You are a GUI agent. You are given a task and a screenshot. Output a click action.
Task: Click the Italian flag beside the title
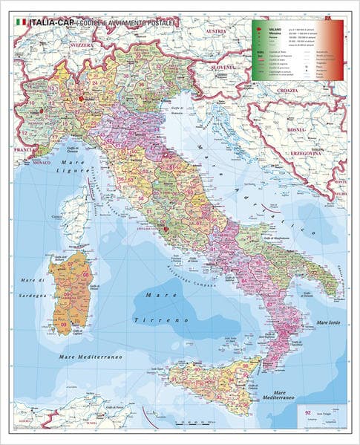[21, 23]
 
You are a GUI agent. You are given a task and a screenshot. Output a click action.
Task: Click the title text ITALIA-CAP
[51, 23]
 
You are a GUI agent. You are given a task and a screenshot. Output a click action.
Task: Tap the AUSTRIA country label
[215, 31]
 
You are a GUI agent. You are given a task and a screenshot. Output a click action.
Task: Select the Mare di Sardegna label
[33, 285]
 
